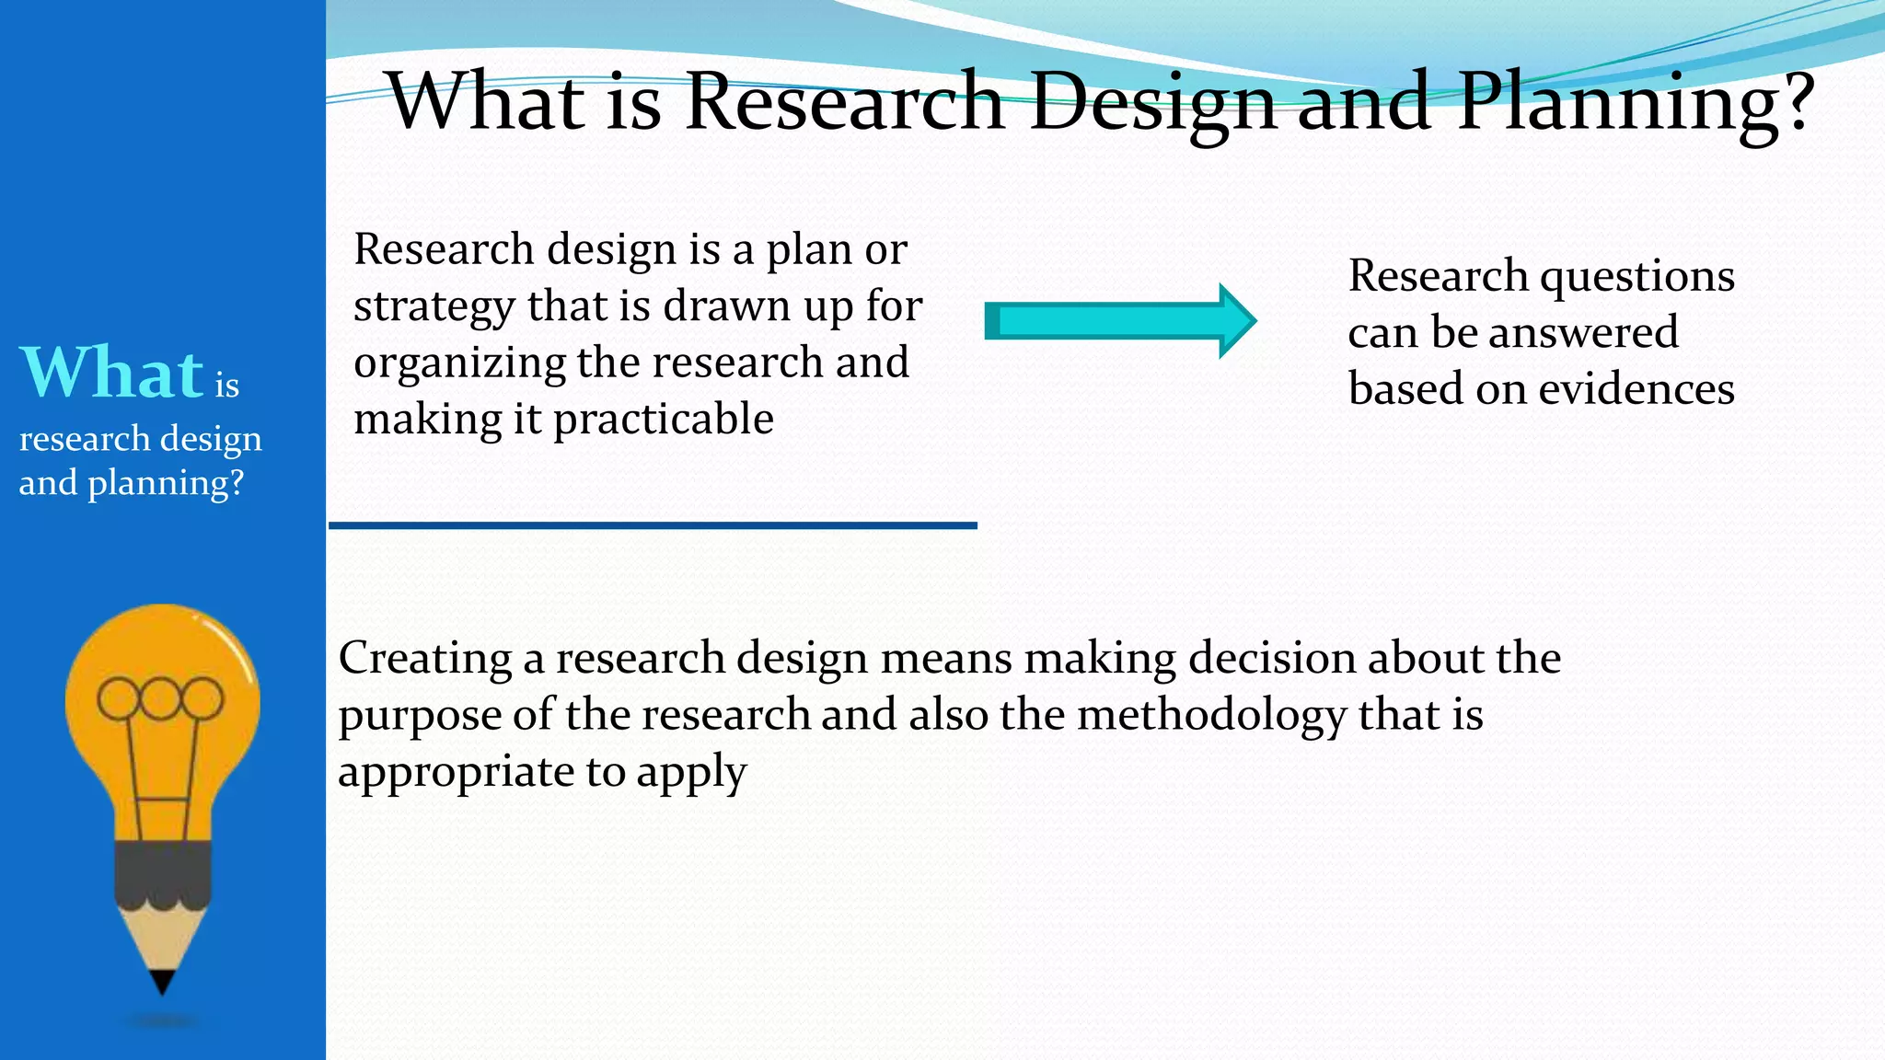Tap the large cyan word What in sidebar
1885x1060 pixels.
[111, 373]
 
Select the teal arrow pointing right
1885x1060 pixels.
[1119, 321]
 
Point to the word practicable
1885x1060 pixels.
[663, 420]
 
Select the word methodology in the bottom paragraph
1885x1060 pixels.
[1211, 716]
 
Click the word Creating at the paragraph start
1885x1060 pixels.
[424, 659]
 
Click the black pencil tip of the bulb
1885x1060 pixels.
[162, 983]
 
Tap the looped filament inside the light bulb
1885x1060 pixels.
[160, 699]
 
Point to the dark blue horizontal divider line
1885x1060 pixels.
[653, 525]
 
